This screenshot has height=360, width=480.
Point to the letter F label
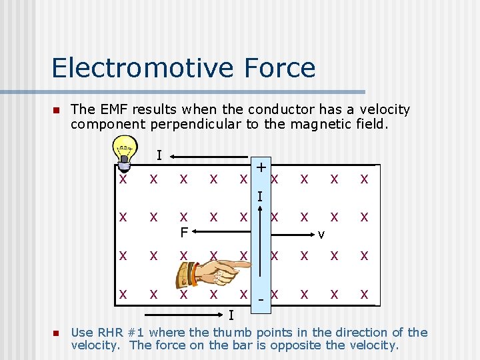point(183,233)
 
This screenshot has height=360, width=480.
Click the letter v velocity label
point(321,234)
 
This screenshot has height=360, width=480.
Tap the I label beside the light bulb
point(159,155)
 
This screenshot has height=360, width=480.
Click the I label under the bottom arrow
point(231,315)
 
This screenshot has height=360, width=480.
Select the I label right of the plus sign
point(261,197)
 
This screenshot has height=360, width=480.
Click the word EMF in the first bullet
point(113,109)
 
